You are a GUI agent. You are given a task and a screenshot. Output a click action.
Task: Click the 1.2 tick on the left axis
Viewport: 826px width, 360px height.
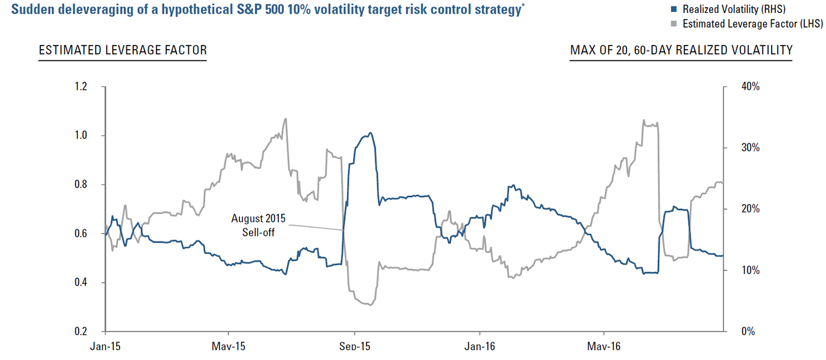coord(81,86)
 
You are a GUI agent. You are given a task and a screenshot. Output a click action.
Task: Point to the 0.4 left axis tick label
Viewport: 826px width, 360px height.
coord(81,282)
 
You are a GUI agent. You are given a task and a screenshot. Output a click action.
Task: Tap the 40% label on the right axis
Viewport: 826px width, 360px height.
coord(750,86)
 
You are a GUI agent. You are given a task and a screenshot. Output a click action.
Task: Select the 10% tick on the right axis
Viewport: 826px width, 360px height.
coord(750,270)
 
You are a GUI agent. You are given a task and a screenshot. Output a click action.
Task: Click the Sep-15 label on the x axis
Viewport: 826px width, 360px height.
coord(355,346)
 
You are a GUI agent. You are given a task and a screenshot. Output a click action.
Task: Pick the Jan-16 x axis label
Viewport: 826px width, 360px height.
coord(479,346)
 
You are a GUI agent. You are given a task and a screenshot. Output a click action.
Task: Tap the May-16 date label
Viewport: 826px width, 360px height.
coord(604,346)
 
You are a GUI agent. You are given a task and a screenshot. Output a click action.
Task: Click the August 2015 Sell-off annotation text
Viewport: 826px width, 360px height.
coord(258,225)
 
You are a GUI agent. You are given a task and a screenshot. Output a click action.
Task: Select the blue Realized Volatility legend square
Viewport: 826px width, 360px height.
coord(674,9)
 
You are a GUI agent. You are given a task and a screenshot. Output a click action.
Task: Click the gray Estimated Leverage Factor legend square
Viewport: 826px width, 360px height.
coord(674,24)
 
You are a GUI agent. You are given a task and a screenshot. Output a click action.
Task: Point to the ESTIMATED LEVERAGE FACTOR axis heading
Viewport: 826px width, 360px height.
coord(123,50)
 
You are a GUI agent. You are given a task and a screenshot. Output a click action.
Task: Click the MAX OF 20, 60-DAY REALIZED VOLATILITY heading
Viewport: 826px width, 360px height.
coord(681,50)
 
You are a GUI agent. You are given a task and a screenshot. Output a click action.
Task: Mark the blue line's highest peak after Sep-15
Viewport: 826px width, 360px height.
coord(371,133)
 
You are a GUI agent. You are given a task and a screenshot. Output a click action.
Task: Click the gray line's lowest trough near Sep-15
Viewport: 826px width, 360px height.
coord(371,305)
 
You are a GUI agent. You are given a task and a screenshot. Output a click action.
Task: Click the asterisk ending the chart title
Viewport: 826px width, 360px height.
coord(523,5)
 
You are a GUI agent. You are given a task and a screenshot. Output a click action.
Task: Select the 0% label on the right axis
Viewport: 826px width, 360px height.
coord(748,331)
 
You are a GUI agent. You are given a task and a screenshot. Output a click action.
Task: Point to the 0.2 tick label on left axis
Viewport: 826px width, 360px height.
coord(81,331)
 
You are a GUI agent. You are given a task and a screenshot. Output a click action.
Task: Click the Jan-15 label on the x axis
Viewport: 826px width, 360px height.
coord(106,346)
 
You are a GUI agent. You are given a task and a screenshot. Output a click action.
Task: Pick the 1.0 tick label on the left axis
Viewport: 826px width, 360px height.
coord(81,135)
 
